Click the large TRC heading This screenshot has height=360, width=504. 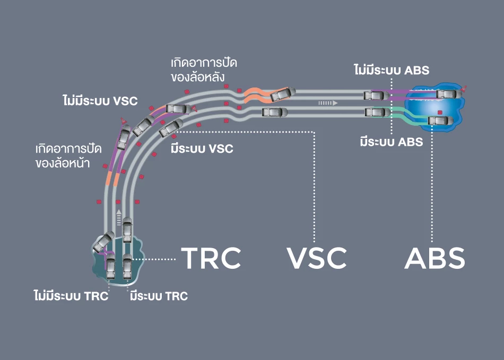(x=211, y=258)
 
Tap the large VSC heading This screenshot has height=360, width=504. (x=317, y=258)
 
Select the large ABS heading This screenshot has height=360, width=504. (x=435, y=258)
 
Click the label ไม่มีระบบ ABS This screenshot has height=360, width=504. (x=392, y=70)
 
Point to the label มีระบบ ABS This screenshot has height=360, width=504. (x=392, y=142)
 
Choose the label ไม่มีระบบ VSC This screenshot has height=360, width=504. (x=100, y=101)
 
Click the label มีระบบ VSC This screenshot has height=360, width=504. (x=202, y=148)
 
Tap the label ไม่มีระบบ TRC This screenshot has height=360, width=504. (x=71, y=296)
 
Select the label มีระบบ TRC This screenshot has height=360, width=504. (x=159, y=296)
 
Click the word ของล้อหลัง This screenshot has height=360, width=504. (x=197, y=77)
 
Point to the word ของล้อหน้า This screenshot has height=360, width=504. (x=63, y=163)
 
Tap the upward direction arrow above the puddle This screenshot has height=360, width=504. (x=119, y=217)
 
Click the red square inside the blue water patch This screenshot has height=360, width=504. (x=440, y=112)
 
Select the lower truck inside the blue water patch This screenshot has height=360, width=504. (x=441, y=121)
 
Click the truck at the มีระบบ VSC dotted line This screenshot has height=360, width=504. (x=171, y=127)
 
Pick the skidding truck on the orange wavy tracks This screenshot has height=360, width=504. (x=283, y=94)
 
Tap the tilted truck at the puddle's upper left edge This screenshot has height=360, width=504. (x=103, y=242)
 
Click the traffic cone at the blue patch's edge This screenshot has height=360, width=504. (x=464, y=88)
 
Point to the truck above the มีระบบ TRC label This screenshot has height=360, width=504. (x=127, y=266)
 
